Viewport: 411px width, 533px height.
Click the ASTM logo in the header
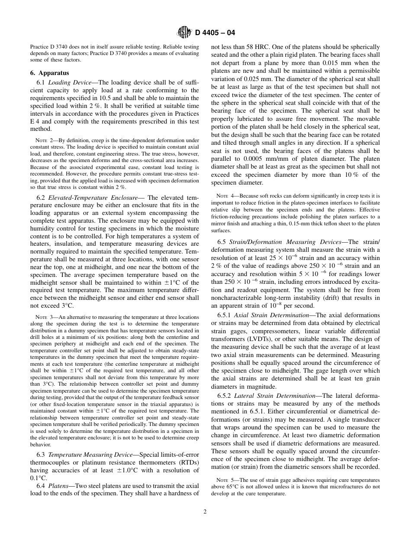pyautogui.click(x=184, y=32)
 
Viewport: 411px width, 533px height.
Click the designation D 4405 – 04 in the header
pyautogui.click(x=215, y=33)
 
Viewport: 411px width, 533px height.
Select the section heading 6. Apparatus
pyautogui.click(x=49, y=73)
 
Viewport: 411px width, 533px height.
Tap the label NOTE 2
pyautogui.click(x=42, y=140)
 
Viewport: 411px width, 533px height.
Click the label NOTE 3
pyautogui.click(x=42, y=317)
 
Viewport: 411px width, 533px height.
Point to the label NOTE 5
pyautogui.click(x=223, y=480)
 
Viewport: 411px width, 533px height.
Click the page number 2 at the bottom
pyautogui.click(x=205, y=511)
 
